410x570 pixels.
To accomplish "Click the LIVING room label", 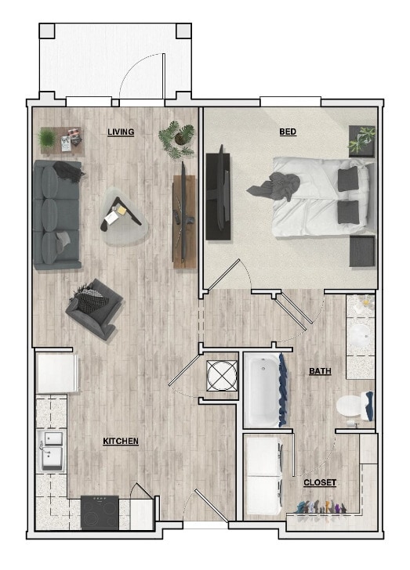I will (121, 132).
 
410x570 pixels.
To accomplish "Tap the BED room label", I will (288, 132).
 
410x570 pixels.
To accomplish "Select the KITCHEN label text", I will (121, 442).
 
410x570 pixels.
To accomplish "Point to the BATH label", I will (319, 371).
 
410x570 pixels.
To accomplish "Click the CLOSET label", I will (320, 483).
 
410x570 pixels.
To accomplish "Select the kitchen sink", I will (51, 451).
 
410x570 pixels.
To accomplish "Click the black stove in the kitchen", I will (100, 512).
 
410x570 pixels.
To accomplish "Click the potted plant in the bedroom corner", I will (362, 139).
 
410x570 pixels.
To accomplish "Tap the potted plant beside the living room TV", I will (178, 139).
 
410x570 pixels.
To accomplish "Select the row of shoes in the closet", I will (321, 508).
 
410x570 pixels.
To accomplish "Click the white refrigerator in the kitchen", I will (56, 373).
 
